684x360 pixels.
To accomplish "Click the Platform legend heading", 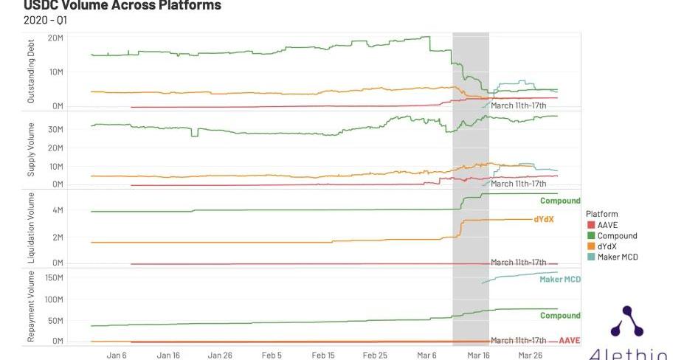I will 601,214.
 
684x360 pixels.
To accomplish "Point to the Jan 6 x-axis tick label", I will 117,355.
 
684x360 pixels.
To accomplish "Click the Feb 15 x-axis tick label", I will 323,355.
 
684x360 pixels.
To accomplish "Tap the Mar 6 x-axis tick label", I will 426,355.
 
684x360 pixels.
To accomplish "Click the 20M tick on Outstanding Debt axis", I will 55,37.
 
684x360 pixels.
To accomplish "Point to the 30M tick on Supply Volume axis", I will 55,129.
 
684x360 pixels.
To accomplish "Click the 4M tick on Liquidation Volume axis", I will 57,210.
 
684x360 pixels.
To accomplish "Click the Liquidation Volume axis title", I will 31,228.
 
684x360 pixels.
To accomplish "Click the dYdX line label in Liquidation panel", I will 544,219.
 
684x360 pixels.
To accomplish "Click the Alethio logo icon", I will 628,323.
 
